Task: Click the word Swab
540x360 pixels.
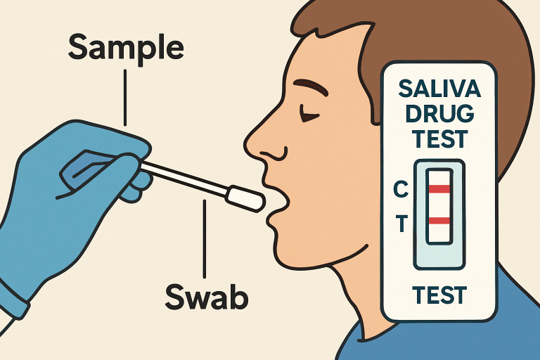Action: (x=207, y=296)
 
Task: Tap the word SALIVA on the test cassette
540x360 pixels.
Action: (x=439, y=88)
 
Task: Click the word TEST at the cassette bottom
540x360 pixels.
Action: (x=439, y=295)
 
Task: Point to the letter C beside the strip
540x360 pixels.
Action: (x=401, y=189)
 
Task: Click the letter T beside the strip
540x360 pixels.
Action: (x=401, y=223)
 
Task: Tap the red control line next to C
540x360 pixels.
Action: (x=439, y=188)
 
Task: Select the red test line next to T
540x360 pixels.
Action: (x=439, y=221)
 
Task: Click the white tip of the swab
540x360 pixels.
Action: (x=246, y=199)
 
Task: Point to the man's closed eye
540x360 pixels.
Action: (x=309, y=115)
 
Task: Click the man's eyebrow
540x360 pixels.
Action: (x=311, y=87)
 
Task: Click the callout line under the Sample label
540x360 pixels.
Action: (x=125, y=98)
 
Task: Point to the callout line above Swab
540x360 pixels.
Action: (x=205, y=239)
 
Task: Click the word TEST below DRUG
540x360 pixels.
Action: (x=439, y=139)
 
